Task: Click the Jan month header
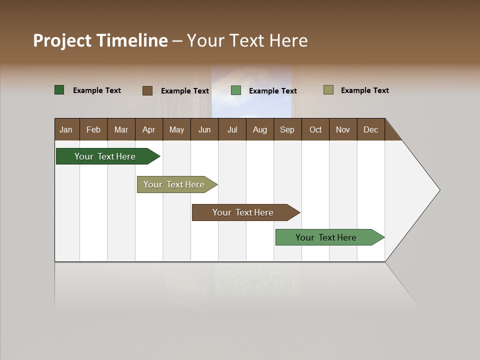click(x=66, y=129)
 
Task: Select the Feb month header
click(x=93, y=129)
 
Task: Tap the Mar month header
click(x=121, y=129)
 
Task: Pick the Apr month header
click(x=149, y=129)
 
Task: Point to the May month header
click(x=176, y=129)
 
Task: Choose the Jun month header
click(x=204, y=129)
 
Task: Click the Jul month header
click(x=232, y=129)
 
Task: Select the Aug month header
click(x=260, y=129)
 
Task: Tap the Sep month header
click(x=287, y=129)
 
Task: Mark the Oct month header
click(x=315, y=129)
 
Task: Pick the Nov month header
click(x=343, y=129)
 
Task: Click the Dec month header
click(x=371, y=129)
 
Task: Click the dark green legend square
click(x=59, y=90)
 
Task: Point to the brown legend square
click(x=147, y=90)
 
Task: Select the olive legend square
click(x=328, y=90)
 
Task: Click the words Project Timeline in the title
click(x=100, y=40)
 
